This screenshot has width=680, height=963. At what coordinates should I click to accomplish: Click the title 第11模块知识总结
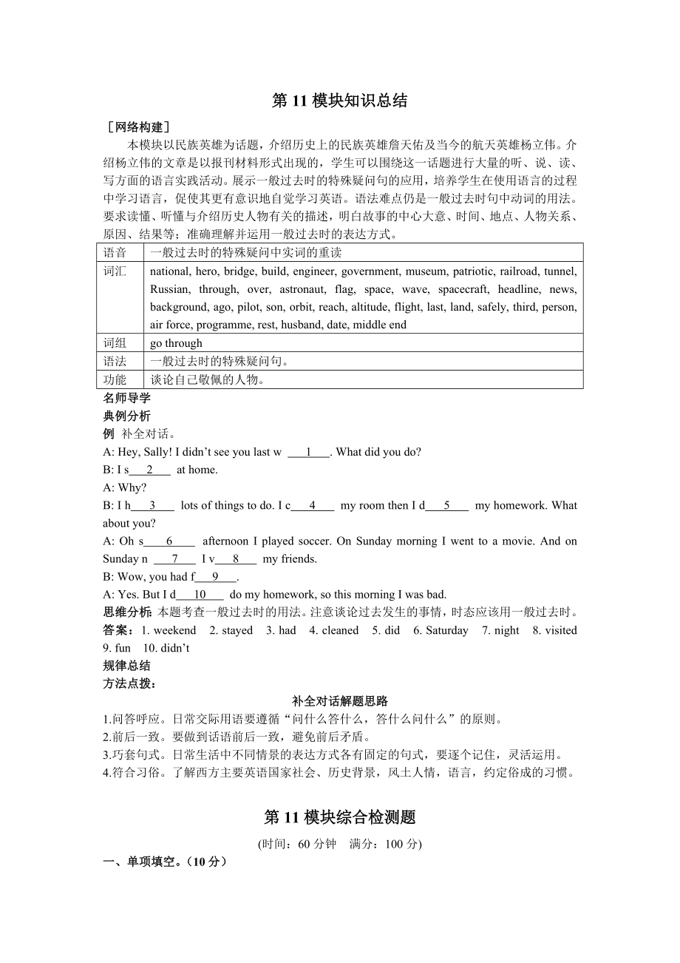(x=339, y=101)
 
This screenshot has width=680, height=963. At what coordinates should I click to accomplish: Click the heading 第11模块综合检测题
(x=339, y=817)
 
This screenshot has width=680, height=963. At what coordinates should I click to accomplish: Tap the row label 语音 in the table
(x=115, y=252)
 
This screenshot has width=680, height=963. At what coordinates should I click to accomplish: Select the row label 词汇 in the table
(x=115, y=271)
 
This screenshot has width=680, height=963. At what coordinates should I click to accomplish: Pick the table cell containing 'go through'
(x=176, y=343)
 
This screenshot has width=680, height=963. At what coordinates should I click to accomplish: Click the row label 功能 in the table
(x=115, y=379)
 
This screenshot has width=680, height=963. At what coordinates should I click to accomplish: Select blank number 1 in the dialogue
(x=307, y=452)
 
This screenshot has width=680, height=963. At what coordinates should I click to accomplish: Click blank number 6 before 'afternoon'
(x=169, y=541)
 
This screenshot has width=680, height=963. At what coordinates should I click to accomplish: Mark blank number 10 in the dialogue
(x=200, y=594)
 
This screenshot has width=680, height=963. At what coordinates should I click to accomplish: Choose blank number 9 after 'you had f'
(x=215, y=576)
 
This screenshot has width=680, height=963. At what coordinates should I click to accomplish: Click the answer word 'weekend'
(x=174, y=630)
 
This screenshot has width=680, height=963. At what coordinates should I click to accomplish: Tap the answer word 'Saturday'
(x=446, y=630)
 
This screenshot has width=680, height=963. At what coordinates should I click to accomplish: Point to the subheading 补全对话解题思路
(x=339, y=701)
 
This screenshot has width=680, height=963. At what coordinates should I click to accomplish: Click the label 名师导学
(x=126, y=398)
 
